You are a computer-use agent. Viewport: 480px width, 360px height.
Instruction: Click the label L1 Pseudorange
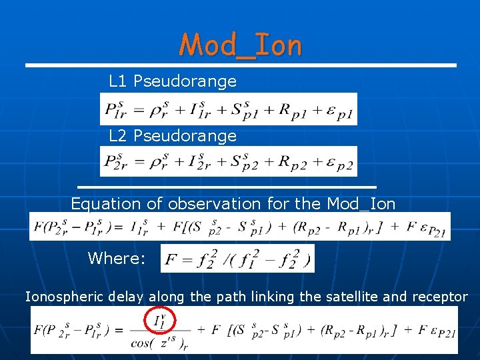(173, 81)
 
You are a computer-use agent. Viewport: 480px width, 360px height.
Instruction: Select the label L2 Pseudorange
(173, 136)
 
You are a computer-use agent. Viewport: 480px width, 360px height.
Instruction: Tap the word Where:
(117, 258)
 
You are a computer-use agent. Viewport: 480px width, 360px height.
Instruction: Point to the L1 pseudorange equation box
(229, 109)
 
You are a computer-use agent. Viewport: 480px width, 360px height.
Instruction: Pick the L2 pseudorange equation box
(229, 161)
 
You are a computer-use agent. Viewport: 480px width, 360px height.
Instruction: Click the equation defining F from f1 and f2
(237, 258)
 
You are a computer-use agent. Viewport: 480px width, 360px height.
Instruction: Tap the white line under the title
(241, 65)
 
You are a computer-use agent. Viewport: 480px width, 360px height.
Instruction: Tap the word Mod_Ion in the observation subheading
(361, 204)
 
